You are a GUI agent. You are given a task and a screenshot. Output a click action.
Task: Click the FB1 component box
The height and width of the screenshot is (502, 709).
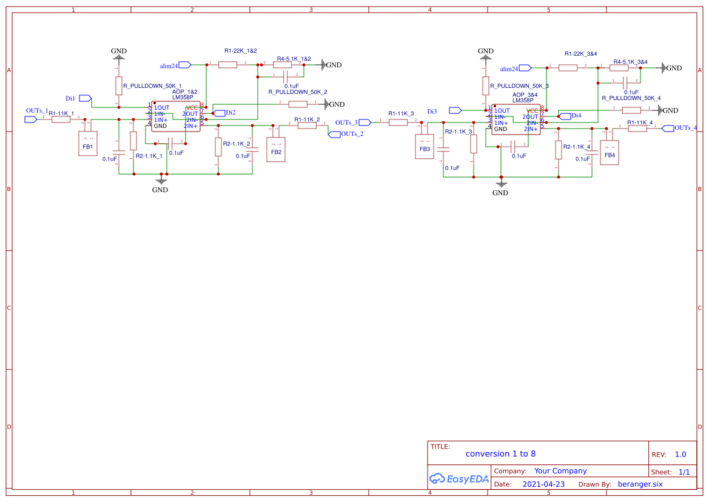(x=88, y=144)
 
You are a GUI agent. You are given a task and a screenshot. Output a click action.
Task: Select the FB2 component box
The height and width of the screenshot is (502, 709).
(x=276, y=149)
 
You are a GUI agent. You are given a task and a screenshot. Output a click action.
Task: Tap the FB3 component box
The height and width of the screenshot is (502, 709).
(x=425, y=146)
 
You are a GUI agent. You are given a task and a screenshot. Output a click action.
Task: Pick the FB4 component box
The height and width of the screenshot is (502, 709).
(x=610, y=153)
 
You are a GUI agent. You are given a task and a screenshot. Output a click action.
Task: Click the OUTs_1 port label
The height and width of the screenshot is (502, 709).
(x=36, y=111)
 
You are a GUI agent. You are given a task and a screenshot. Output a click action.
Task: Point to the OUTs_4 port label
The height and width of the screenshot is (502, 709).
(x=685, y=128)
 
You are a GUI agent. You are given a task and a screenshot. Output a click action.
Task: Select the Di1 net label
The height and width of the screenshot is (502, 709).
(x=70, y=98)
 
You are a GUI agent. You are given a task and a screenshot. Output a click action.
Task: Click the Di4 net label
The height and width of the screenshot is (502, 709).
(x=576, y=115)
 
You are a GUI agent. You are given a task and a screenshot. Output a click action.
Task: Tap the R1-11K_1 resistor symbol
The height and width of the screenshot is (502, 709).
(x=61, y=120)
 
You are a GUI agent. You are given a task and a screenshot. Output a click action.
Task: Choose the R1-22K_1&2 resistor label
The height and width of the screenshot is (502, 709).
(x=241, y=51)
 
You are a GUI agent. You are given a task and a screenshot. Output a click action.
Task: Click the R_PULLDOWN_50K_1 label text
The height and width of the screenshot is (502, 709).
(x=152, y=86)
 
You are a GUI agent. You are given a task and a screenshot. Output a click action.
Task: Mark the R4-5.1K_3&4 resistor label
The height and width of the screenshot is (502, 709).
(x=630, y=62)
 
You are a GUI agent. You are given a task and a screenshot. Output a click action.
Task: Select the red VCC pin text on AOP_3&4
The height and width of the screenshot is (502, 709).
(x=532, y=110)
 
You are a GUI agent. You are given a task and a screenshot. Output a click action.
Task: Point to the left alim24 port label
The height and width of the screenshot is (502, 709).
(x=169, y=65)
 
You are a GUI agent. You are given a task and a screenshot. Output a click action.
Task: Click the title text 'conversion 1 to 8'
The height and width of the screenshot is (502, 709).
(x=500, y=453)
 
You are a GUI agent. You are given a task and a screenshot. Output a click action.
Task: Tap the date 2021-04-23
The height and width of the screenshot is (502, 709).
(x=543, y=484)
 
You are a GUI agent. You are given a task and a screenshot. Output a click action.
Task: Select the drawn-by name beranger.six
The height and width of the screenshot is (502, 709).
(x=640, y=484)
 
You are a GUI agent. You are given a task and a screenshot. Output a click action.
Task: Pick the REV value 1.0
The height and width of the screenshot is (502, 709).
(x=680, y=454)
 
